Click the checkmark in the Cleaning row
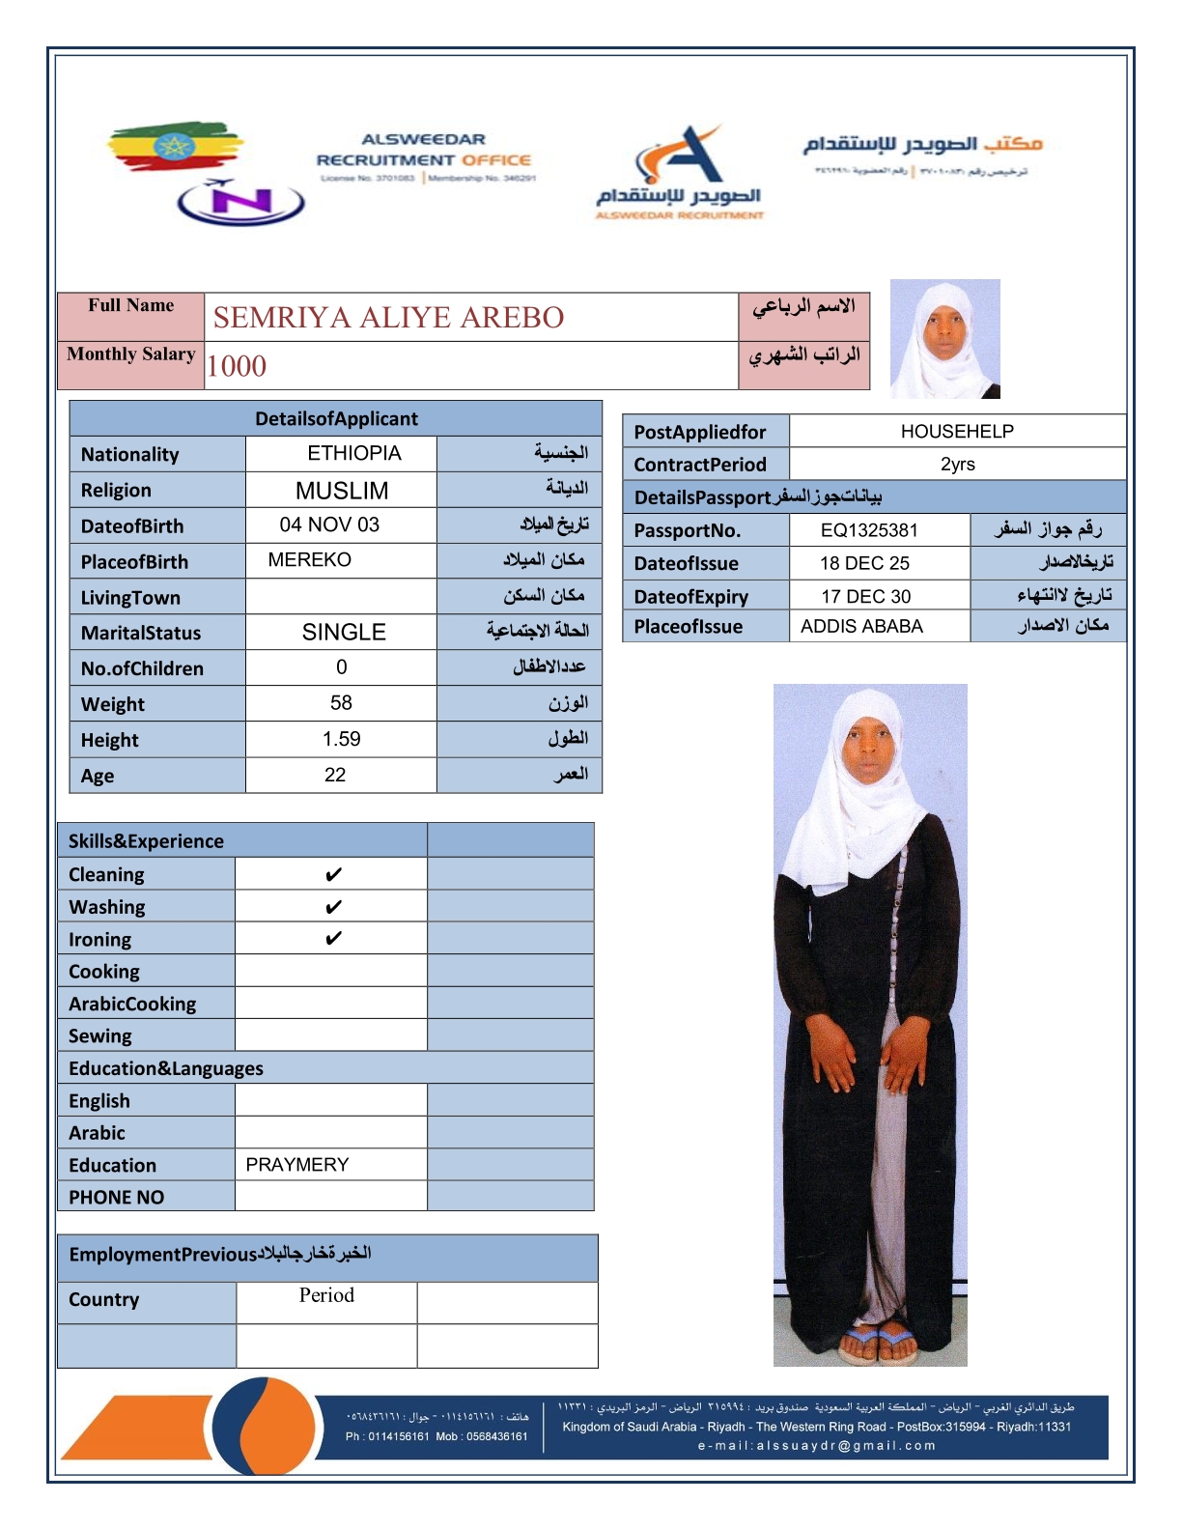click(333, 875)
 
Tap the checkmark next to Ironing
click(333, 939)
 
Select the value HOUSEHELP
click(957, 432)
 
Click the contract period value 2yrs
click(957, 465)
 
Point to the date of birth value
click(329, 525)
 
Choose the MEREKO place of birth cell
click(309, 560)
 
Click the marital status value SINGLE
click(344, 633)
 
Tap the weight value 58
click(341, 703)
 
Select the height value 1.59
click(341, 740)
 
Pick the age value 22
click(335, 776)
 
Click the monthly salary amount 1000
click(237, 366)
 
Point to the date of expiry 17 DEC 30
click(866, 597)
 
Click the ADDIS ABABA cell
click(861, 627)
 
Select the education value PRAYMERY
click(297, 1165)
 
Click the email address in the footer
click(816, 1446)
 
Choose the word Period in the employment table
click(326, 1295)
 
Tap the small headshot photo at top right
click(944, 339)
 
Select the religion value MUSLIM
click(342, 491)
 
